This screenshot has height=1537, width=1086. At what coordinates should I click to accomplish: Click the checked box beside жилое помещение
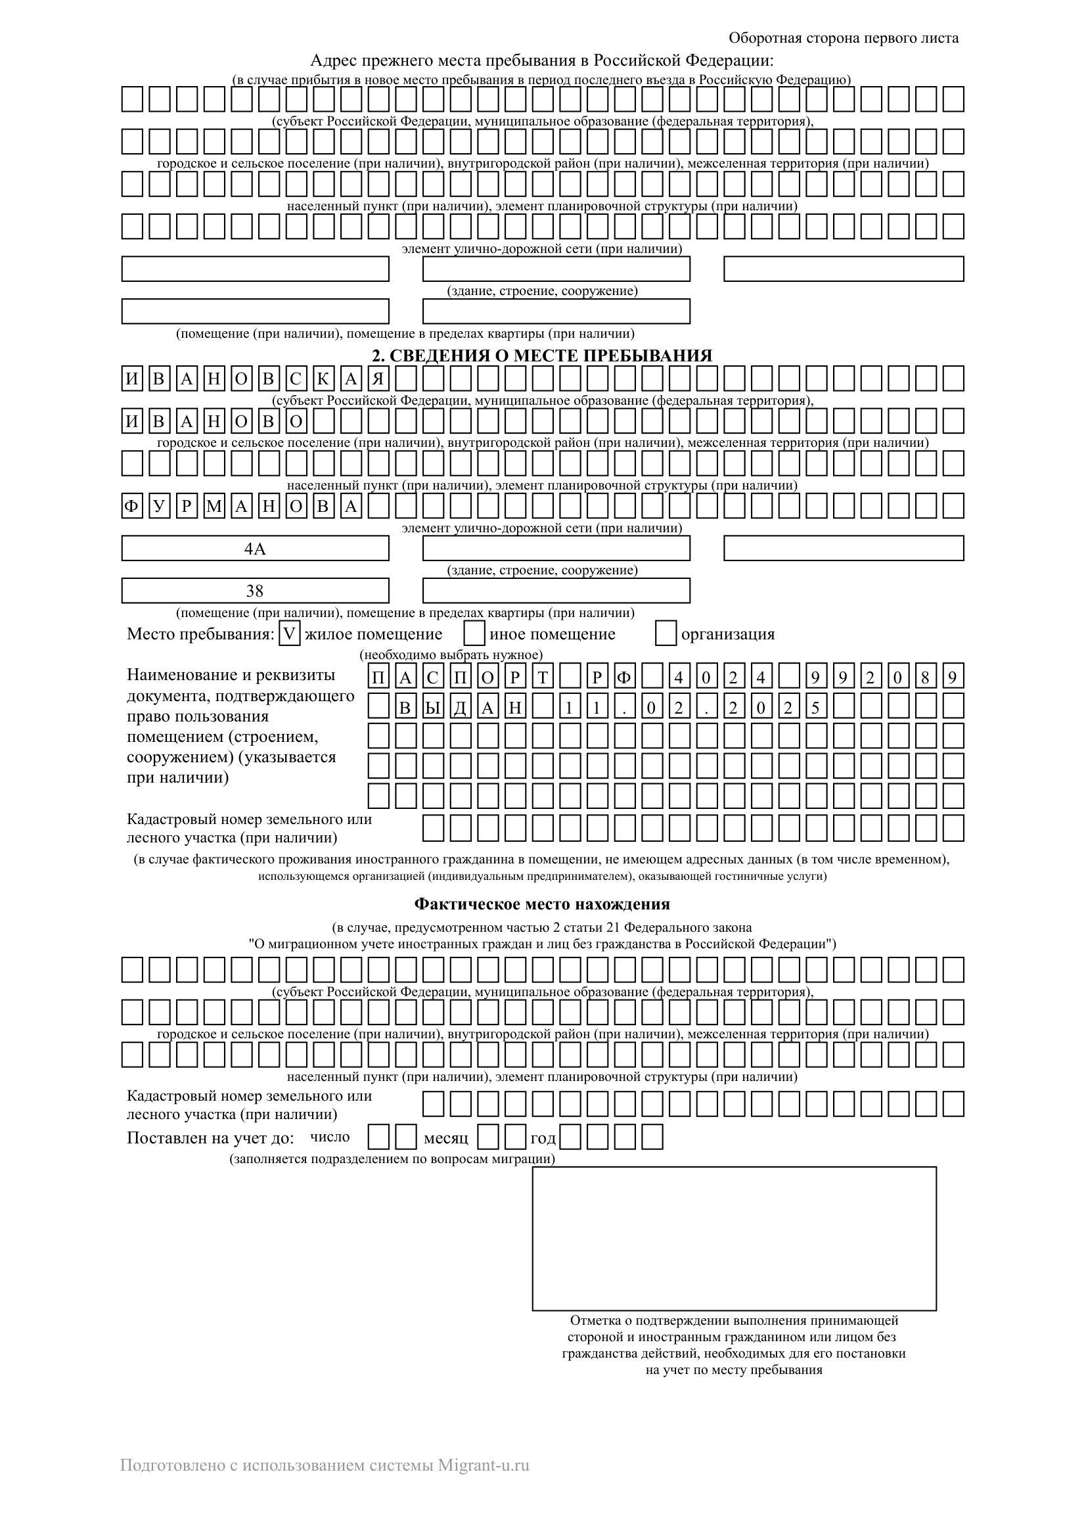pyautogui.click(x=290, y=633)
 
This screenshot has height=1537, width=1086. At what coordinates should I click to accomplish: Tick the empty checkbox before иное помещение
pyautogui.click(x=474, y=633)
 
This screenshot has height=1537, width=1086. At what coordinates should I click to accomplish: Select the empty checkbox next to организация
pyautogui.click(x=666, y=633)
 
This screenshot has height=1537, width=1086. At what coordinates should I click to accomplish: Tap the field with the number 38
pyautogui.click(x=255, y=591)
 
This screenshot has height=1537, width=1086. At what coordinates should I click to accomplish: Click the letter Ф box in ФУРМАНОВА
pyautogui.click(x=132, y=506)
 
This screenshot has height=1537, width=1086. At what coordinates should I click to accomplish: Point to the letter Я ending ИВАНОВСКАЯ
pyautogui.click(x=378, y=379)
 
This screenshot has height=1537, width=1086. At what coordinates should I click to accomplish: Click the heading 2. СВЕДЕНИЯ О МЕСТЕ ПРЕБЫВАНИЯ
pyautogui.click(x=542, y=356)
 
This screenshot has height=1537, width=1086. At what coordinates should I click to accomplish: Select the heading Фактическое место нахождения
pyautogui.click(x=542, y=904)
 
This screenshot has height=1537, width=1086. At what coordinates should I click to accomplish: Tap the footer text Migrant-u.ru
pyautogui.click(x=483, y=1465)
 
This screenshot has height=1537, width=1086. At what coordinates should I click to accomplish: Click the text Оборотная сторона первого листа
pyautogui.click(x=843, y=37)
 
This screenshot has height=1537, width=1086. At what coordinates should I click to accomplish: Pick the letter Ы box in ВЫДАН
pyautogui.click(x=433, y=706)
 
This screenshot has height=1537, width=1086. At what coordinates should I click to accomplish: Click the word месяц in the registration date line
pyautogui.click(x=445, y=1138)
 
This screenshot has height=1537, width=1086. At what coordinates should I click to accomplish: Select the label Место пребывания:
pyautogui.click(x=201, y=634)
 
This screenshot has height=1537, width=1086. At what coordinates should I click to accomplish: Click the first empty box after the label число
pyautogui.click(x=379, y=1137)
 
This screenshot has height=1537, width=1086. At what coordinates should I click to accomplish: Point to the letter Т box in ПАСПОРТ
pyautogui.click(x=543, y=677)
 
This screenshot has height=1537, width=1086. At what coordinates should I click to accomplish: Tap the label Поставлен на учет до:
pyautogui.click(x=210, y=1138)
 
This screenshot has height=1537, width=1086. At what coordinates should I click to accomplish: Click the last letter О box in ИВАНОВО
pyautogui.click(x=296, y=421)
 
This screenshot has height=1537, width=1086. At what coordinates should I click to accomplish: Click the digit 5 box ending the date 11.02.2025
pyautogui.click(x=815, y=706)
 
